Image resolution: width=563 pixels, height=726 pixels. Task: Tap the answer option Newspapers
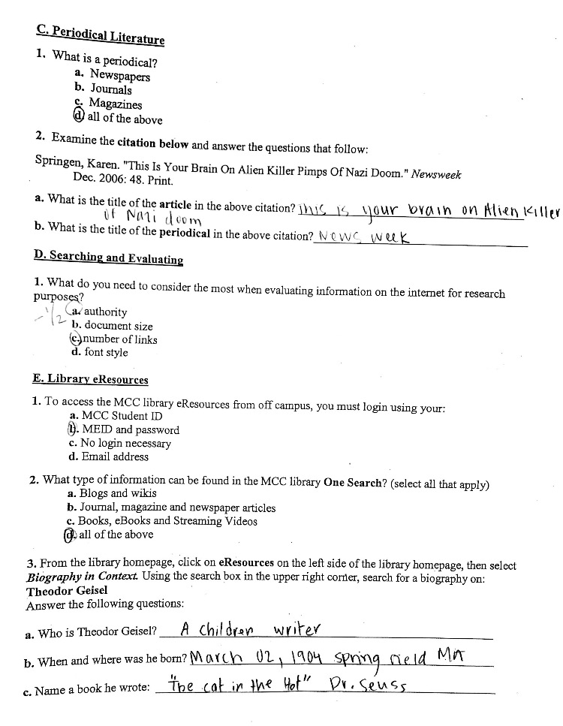coord(119,75)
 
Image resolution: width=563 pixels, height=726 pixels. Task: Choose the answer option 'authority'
coord(105,312)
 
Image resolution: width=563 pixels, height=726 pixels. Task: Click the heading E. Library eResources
coord(90,380)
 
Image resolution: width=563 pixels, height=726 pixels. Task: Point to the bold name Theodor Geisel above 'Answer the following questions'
coord(67,590)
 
